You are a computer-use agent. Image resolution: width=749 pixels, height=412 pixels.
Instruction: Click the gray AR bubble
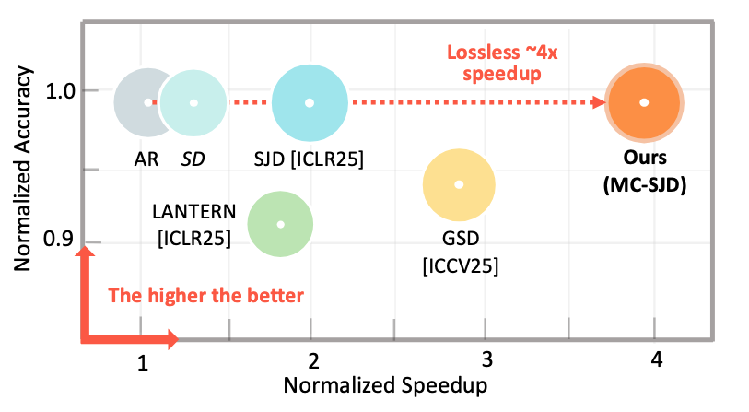(x=138, y=101)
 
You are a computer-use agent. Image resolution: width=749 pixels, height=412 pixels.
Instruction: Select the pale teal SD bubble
(x=193, y=102)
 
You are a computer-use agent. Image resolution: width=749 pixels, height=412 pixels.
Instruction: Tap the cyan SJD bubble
(x=310, y=102)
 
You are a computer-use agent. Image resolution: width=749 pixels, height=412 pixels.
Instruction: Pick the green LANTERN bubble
(x=281, y=224)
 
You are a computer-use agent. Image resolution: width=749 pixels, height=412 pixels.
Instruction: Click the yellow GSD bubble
(x=459, y=184)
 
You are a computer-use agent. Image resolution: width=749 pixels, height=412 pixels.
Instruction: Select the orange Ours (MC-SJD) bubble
(x=645, y=102)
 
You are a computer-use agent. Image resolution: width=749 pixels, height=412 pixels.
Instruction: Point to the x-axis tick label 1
(x=143, y=363)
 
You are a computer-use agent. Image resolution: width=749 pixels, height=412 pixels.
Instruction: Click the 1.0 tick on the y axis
(x=55, y=92)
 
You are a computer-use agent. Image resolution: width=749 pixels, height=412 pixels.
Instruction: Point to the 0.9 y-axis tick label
(x=55, y=243)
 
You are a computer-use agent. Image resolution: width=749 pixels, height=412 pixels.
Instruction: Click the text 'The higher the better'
(x=205, y=296)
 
